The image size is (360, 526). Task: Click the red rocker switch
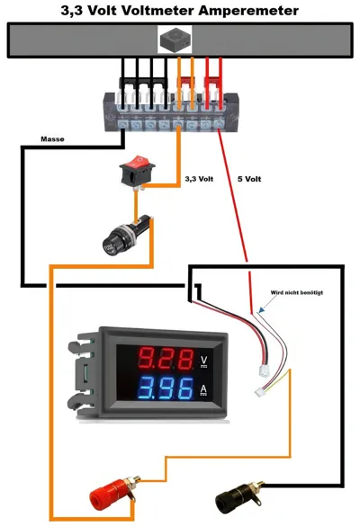point(137,170)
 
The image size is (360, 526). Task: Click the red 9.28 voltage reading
point(166,359)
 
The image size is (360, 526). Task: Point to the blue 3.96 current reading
point(166,388)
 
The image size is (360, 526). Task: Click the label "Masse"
point(52,138)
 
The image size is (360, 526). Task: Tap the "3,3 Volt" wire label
point(199,179)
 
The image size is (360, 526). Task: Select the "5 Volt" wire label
point(249,179)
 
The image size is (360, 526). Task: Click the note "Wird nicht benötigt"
point(297,292)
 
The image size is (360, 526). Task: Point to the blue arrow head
point(262,309)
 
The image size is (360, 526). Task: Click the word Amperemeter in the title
point(248,11)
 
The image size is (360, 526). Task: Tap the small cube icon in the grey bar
point(175,40)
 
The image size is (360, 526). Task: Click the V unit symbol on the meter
point(203,361)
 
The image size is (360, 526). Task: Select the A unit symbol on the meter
point(203,390)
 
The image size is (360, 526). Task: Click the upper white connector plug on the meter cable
point(265,370)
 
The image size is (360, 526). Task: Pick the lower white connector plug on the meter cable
point(259,391)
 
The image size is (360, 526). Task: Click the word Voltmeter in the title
point(157,11)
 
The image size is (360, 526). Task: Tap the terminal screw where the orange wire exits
point(178,126)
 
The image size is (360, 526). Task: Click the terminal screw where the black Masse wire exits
point(122,126)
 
